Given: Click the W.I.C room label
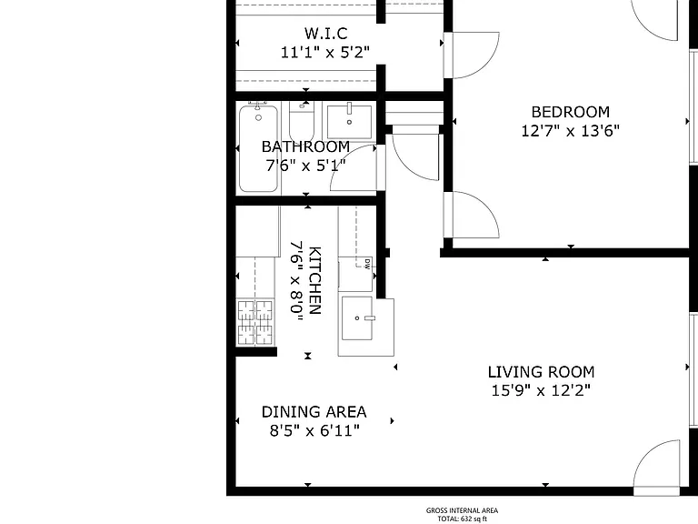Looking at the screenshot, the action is [326, 34].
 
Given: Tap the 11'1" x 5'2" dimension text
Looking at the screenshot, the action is [325, 53].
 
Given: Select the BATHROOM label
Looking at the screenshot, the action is [305, 146].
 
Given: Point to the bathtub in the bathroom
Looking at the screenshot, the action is [259, 148].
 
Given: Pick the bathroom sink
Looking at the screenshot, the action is [349, 122].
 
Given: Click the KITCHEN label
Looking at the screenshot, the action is [314, 280].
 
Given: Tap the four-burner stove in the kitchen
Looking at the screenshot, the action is [255, 323].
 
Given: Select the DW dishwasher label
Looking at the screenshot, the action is [367, 264].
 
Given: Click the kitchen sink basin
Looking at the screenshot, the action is [357, 318].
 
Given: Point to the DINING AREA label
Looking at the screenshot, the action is [314, 412].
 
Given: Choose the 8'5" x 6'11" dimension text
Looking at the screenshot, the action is [314, 431].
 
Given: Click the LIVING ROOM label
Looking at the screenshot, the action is [541, 371].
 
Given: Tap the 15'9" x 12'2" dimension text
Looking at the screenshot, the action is [541, 391].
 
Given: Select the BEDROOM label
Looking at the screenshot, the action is [570, 111].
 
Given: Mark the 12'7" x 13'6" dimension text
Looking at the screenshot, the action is [570, 131].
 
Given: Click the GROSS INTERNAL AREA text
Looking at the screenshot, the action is [462, 510].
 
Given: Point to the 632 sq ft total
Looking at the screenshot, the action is [473, 519].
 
